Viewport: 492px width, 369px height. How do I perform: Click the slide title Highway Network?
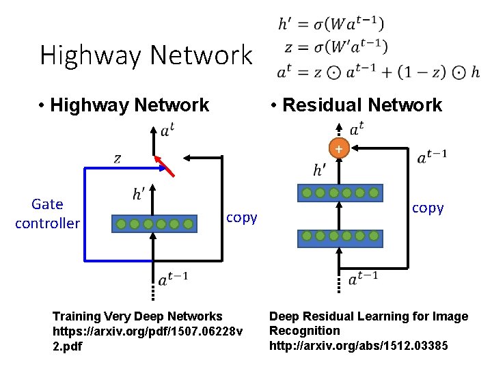tap(146, 55)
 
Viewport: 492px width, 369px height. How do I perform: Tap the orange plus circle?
tap(338, 148)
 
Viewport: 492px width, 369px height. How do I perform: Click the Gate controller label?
tap(47, 213)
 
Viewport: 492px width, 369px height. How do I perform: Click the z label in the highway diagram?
tap(117, 159)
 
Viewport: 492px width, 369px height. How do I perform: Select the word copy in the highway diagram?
tap(241, 217)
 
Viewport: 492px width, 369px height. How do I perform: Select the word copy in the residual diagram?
tap(428, 208)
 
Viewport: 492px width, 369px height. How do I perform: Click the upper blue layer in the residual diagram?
tap(340, 193)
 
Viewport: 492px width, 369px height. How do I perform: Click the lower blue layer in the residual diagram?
tap(340, 238)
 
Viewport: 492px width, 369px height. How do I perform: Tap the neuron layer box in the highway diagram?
tap(154, 223)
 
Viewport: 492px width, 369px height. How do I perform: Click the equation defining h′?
tap(331, 24)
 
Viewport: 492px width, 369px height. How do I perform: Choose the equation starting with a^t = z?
tap(378, 71)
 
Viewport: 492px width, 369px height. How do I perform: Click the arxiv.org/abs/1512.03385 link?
tap(359, 345)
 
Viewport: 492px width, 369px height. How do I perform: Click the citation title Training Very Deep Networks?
tap(137, 316)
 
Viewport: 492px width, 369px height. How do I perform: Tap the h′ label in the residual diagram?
tap(320, 169)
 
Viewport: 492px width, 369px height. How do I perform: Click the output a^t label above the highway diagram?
tap(167, 131)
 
